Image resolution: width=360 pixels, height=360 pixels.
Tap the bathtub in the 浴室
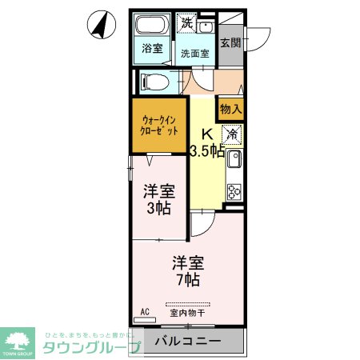pos(152,24)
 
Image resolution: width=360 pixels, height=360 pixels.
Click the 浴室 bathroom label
pos(152,47)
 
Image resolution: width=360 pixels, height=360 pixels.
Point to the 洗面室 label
pos(194,54)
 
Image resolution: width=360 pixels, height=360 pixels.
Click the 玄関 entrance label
pos(230,42)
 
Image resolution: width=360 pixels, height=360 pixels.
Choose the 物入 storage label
pos(231,106)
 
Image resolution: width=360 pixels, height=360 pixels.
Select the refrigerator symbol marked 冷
pos(232,134)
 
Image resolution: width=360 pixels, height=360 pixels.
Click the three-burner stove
pos(234,191)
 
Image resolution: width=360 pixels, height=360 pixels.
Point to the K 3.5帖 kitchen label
pos(206,142)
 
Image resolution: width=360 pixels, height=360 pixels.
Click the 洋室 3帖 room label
pos(158,199)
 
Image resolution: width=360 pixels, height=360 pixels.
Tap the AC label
pos(145,310)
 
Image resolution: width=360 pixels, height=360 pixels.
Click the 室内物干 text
pos(187,313)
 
